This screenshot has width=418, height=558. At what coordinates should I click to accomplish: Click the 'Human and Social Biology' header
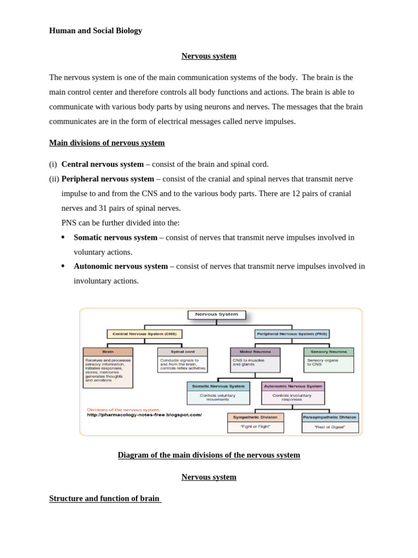coord(95,31)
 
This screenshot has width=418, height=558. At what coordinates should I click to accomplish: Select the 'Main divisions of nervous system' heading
coord(107,143)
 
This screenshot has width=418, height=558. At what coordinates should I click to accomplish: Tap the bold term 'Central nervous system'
coord(102,164)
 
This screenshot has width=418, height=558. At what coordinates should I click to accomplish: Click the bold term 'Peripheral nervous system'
coord(108,179)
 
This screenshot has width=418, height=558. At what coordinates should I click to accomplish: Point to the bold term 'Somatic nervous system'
coord(115,238)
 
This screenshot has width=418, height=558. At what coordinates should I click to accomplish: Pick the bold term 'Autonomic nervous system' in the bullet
coord(121,266)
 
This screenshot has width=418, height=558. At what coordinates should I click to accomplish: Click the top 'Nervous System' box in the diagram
coord(217,314)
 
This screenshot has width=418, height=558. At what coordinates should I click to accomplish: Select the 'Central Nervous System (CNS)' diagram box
coord(144,334)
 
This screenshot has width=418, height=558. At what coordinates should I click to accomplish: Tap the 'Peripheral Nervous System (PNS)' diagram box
coord(292,334)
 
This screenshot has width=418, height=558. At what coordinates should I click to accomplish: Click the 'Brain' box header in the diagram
coord(108,352)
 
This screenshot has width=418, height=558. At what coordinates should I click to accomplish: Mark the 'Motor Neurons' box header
coord(255,352)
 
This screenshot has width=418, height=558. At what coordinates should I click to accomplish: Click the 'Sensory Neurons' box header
coord(329,352)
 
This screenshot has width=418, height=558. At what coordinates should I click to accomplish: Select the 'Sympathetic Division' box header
coord(255,417)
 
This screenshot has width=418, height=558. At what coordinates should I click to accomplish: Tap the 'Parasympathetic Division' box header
coord(330,417)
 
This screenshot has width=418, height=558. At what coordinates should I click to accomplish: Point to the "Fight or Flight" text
coord(255,427)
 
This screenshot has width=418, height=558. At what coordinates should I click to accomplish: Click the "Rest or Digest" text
coord(330,427)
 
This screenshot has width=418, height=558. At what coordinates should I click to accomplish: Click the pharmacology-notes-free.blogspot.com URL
coord(144,415)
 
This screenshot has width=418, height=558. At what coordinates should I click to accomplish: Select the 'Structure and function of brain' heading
coord(105,499)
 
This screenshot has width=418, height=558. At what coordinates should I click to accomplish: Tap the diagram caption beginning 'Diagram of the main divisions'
coord(209,455)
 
